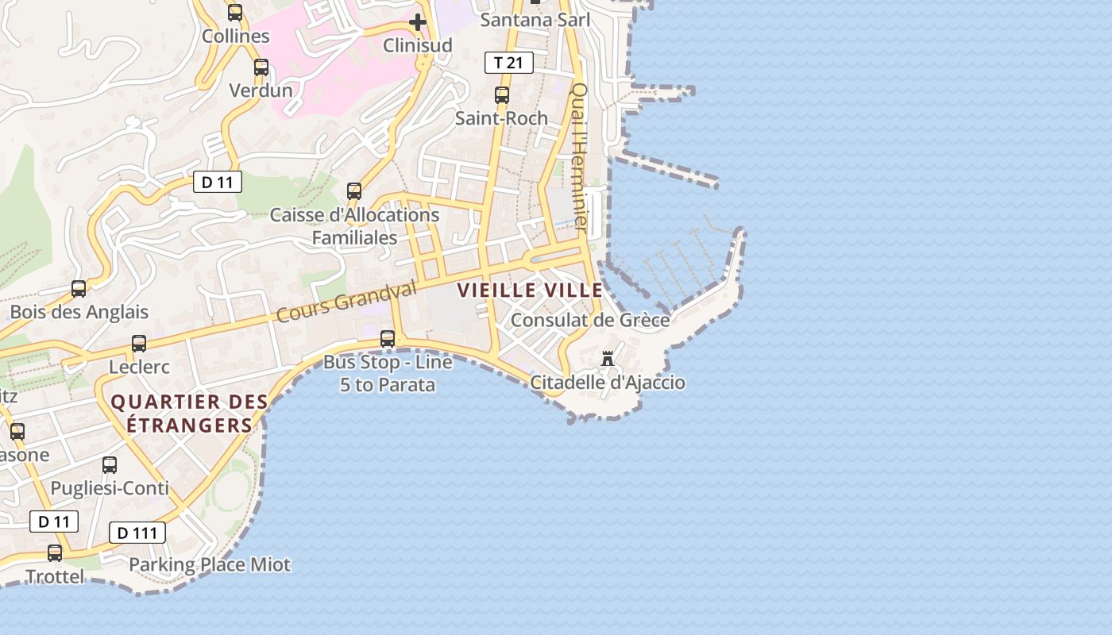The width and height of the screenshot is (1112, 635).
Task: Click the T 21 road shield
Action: pos(508,63)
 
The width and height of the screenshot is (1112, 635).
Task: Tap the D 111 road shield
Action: pos(137,533)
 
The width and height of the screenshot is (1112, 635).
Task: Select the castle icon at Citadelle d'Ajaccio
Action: pos(608,358)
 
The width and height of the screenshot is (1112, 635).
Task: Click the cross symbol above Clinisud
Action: pos(418,21)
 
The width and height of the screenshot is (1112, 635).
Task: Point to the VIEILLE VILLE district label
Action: pos(530,291)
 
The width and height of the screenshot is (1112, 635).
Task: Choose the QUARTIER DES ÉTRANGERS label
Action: pos(181,414)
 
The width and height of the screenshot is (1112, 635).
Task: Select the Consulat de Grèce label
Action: pos(590,320)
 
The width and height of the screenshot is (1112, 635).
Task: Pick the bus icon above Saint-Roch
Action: pos(502,95)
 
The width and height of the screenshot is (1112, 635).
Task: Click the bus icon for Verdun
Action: pos(261,67)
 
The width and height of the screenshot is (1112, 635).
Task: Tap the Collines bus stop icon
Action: pos(235,13)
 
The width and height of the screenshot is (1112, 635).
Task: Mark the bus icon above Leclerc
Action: pos(139,344)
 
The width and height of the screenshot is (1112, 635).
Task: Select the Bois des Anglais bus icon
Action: pos(79,289)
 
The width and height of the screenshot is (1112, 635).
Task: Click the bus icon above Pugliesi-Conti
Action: pos(110,465)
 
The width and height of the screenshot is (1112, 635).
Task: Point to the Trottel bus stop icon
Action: pos(55,553)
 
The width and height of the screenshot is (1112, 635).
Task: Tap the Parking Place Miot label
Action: pos(210,565)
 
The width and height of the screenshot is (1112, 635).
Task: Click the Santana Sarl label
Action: pos(535,20)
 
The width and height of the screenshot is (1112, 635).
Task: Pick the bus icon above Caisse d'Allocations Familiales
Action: pos(354,191)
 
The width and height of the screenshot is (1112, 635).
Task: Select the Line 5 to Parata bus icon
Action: pos(388,339)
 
